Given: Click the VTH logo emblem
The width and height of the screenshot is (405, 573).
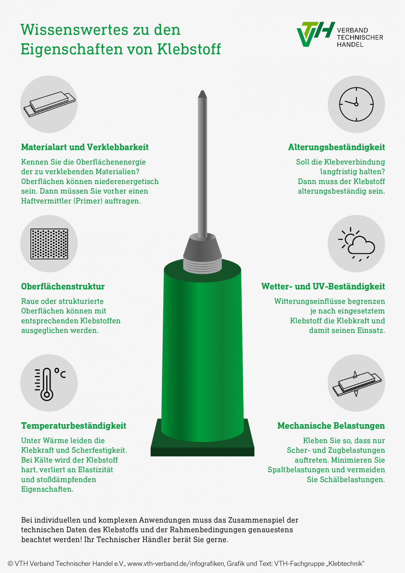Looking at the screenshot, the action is point(316,34).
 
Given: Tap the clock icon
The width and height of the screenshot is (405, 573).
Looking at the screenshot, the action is point(356,104).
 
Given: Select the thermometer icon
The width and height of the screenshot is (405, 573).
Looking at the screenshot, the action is point(47,384).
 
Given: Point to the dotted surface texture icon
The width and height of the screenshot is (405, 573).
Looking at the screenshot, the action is point(49,244).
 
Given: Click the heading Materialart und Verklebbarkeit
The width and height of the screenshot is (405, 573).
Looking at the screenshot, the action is point(85,147).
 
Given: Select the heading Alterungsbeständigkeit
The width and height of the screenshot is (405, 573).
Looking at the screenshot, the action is point(337,147).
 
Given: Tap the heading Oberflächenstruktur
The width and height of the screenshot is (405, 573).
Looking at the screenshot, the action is point(63,286).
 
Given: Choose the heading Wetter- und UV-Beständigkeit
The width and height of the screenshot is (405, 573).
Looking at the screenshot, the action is point(323,286).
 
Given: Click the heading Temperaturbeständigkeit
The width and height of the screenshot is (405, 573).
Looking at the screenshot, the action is point(74,426).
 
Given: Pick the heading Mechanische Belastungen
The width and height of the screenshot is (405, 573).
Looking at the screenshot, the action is point(331,426).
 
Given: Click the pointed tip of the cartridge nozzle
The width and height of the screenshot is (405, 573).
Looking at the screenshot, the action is point(202,91).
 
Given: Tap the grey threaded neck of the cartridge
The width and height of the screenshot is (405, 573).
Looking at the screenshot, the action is point(202,266).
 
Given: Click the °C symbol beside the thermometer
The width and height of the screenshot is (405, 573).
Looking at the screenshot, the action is point(60,373).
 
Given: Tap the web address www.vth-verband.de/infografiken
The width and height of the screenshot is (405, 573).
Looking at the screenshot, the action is point(176,564).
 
